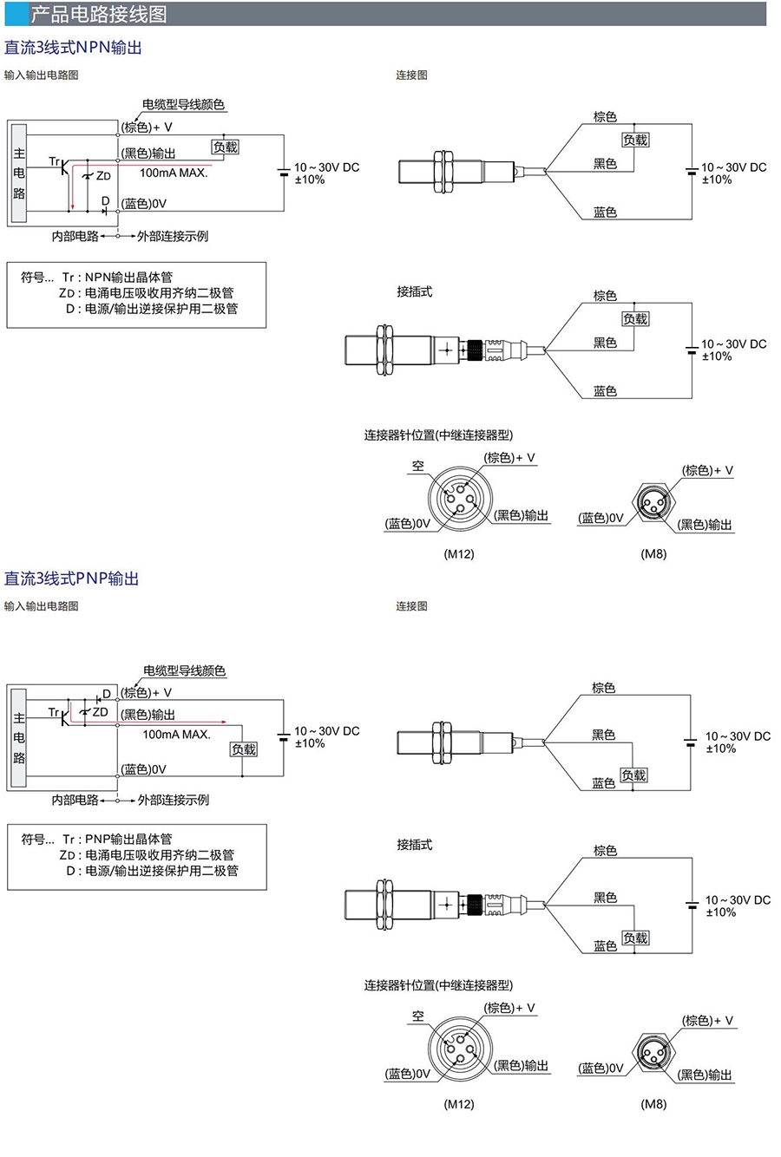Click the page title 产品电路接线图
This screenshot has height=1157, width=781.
[x=98, y=14]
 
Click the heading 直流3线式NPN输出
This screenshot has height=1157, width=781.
[x=73, y=48]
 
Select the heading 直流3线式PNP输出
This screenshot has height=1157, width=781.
[x=72, y=578]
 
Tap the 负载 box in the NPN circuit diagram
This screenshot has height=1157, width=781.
[x=225, y=147]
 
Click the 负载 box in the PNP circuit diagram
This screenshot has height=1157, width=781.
[x=244, y=749]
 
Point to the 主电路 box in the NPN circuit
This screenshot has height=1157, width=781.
[x=19, y=173]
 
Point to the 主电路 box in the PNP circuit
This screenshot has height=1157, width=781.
[x=19, y=737]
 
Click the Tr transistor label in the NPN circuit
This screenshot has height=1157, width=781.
[x=55, y=161]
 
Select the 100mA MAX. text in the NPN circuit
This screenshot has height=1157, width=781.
[x=174, y=173]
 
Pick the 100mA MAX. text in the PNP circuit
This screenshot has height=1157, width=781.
[x=177, y=735]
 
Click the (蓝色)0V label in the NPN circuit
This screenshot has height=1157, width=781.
[x=144, y=204]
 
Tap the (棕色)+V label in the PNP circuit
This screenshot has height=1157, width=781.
[x=147, y=692]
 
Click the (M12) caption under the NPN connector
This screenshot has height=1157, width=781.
[x=459, y=553]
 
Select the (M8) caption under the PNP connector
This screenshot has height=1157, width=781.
[x=653, y=1104]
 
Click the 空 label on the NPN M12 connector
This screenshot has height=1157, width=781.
[x=418, y=467]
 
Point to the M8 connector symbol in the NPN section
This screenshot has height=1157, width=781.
[x=652, y=504]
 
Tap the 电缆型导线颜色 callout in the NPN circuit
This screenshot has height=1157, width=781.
[x=183, y=105]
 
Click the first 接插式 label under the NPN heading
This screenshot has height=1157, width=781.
[x=414, y=291]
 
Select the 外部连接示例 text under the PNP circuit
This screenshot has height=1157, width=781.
[x=174, y=800]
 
